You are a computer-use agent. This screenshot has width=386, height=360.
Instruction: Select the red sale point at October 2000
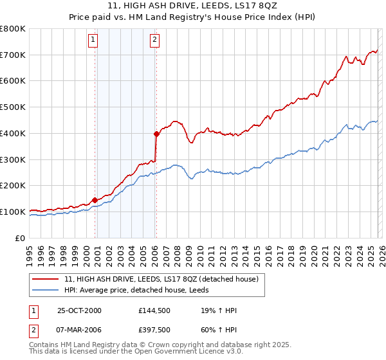pyautogui.click(x=95, y=199)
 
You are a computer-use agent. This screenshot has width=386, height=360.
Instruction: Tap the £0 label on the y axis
pyautogui.click(x=21, y=238)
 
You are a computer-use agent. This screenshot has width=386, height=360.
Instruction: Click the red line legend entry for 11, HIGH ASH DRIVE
pyautogui.click(x=161, y=279)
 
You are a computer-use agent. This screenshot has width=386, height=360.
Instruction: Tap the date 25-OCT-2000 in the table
pyautogui.click(x=79, y=310)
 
